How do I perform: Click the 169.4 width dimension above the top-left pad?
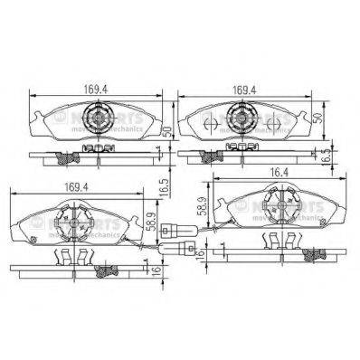96,90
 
